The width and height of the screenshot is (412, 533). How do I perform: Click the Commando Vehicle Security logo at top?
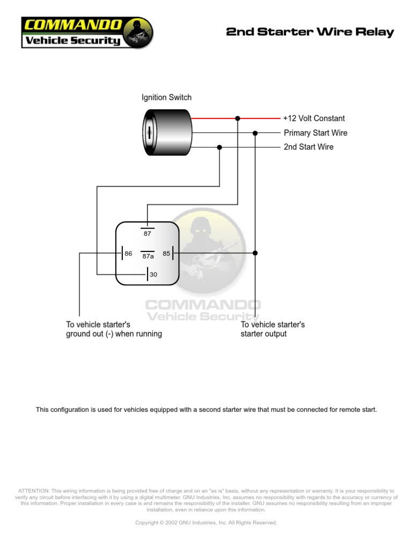[x=87, y=33]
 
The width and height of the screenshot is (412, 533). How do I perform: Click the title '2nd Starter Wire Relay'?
[x=310, y=32]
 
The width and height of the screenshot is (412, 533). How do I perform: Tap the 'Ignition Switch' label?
[x=166, y=98]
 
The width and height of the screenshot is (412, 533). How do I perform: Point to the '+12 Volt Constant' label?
[x=314, y=119]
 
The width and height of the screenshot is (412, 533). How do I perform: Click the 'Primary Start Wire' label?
[x=315, y=133]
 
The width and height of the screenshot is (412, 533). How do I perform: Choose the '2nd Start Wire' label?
[x=308, y=147]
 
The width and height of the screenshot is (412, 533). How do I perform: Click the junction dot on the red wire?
[x=238, y=118]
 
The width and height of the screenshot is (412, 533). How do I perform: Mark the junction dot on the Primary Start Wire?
[x=255, y=133]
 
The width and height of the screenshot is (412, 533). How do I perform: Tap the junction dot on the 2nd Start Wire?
[x=219, y=147]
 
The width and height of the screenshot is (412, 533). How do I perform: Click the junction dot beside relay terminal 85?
[x=255, y=253]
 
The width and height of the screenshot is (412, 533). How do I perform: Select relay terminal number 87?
[x=148, y=233]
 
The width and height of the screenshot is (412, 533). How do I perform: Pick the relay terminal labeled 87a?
[x=148, y=256]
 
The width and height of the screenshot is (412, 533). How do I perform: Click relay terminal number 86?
[x=128, y=253]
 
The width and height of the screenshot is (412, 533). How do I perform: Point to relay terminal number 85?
[x=166, y=253]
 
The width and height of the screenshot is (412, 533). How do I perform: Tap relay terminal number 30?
[x=153, y=275]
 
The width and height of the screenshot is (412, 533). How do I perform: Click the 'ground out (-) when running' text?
[x=114, y=334]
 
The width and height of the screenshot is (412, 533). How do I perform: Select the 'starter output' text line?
[x=263, y=334]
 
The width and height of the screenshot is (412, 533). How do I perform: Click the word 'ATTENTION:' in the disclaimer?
[x=34, y=491]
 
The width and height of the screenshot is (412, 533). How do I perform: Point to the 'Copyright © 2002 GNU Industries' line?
[x=206, y=522]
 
